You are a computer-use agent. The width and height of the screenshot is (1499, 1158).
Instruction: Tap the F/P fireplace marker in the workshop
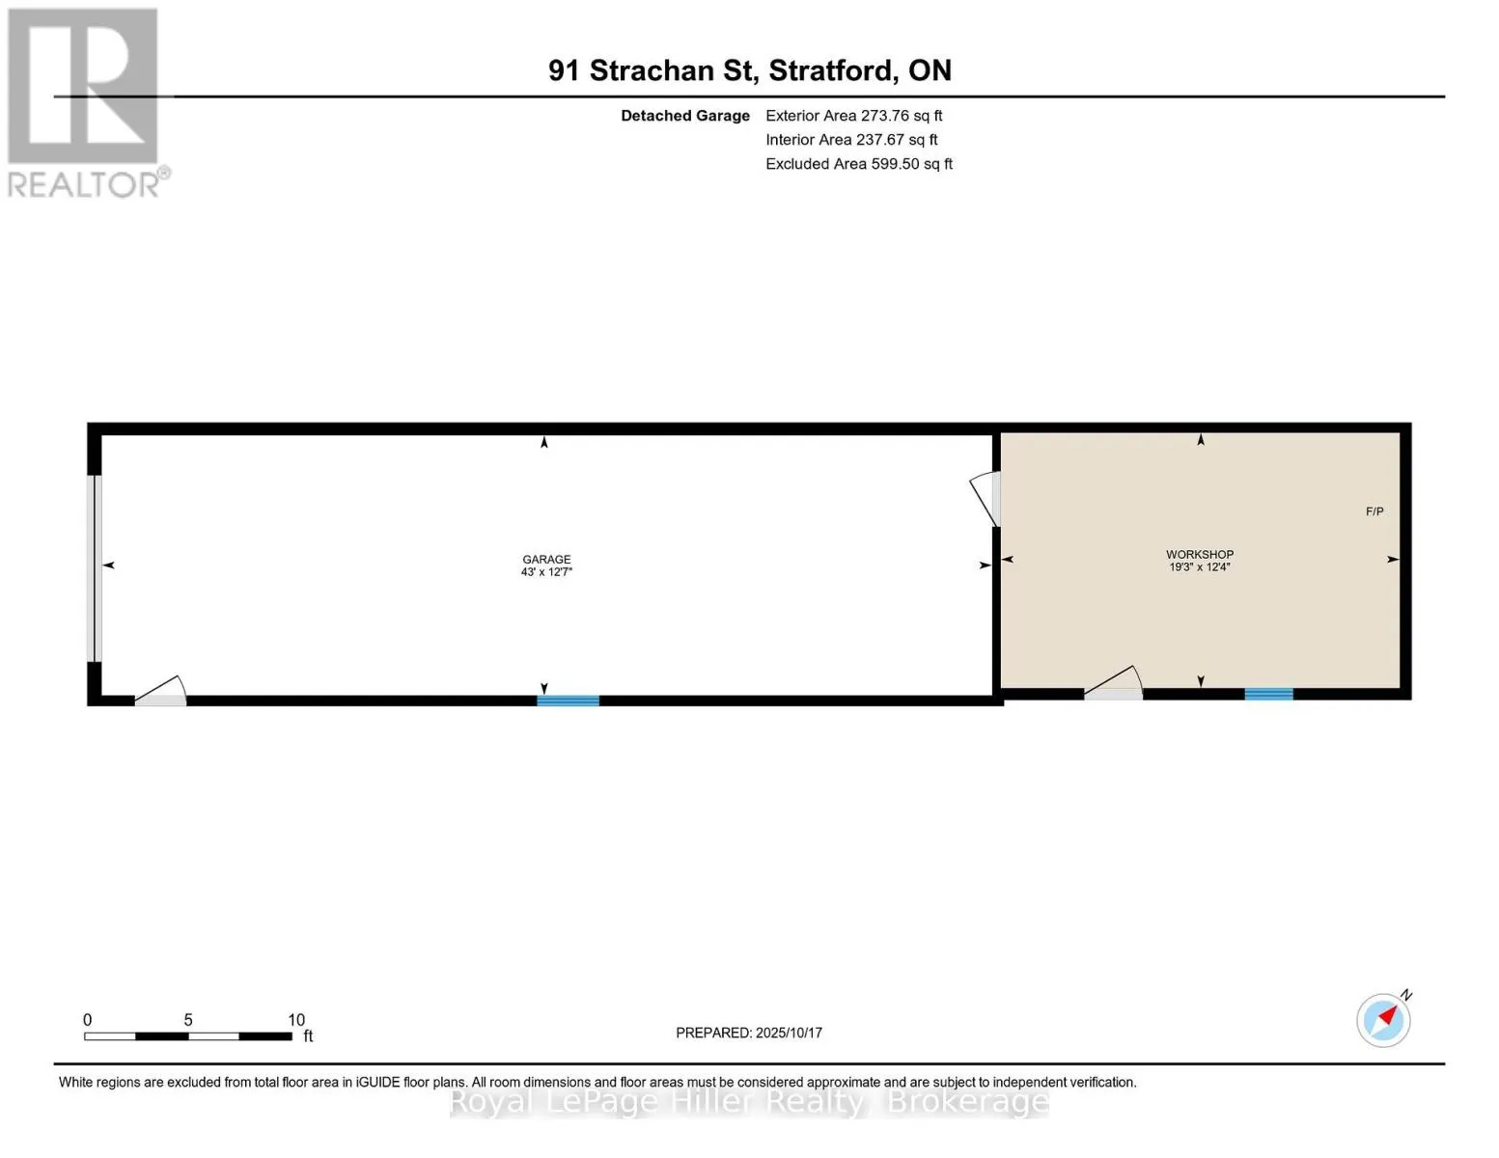[x=1374, y=511]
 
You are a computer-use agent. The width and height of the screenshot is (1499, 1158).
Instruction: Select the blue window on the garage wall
[x=568, y=701]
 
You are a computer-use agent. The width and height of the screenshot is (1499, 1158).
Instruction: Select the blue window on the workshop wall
[x=1268, y=694]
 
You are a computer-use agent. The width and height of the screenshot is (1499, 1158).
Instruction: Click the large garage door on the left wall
[x=96, y=568]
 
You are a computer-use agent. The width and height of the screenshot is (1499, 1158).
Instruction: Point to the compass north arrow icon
[x=1384, y=1019]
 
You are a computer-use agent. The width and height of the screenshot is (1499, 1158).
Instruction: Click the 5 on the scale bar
[x=188, y=1020]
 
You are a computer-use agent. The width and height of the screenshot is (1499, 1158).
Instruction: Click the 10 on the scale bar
[x=296, y=1020]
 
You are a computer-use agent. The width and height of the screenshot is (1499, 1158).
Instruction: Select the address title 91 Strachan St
[x=749, y=70]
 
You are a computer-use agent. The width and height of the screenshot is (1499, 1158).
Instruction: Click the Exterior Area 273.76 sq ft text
[x=853, y=116]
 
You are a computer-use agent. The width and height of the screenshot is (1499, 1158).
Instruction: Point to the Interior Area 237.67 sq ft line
[x=851, y=140]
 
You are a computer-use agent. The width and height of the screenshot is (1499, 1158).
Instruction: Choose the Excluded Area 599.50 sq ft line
[x=859, y=164]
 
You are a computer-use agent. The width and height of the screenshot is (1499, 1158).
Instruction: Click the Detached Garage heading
[x=684, y=116]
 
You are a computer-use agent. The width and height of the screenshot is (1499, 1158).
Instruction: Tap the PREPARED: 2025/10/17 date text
[x=749, y=1033]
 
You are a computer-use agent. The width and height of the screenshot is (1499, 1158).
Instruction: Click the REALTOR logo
[x=85, y=102]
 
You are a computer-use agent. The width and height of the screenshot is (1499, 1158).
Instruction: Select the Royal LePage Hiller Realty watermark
[x=749, y=1101]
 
